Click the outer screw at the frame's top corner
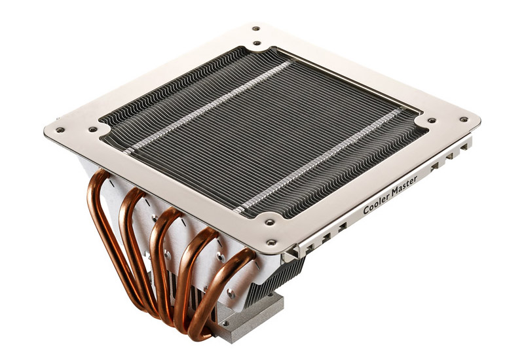point(256,28)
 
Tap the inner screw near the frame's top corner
point(257,43)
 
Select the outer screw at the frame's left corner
point(60,130)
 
